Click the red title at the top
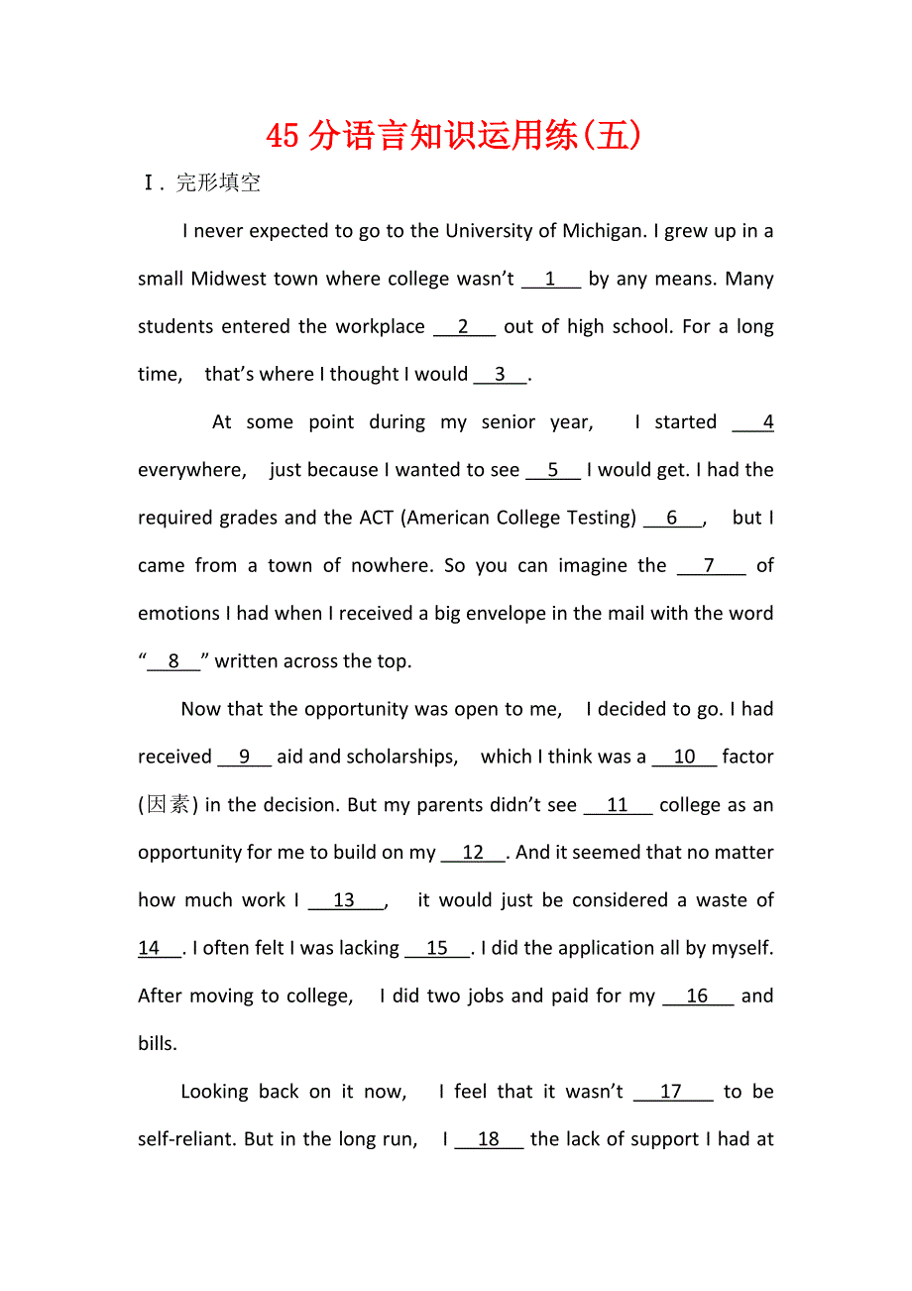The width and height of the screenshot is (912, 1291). [x=455, y=135]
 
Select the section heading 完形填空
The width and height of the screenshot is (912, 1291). [x=218, y=183]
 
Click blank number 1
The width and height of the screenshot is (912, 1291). [x=550, y=280]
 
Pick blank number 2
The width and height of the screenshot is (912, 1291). [x=463, y=327]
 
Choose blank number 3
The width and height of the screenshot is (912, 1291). [x=501, y=375]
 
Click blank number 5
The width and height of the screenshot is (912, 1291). [x=552, y=470]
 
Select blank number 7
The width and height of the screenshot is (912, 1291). [x=710, y=566]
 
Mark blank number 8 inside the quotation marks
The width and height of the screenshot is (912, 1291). [x=173, y=661]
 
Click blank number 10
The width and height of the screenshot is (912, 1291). [x=684, y=758]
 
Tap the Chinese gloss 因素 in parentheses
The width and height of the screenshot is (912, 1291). [x=168, y=805]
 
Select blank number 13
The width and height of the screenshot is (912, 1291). [x=344, y=900]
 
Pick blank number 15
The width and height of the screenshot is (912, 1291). [x=437, y=949]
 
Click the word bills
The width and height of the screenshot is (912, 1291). [x=157, y=1044]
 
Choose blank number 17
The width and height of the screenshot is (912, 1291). [x=672, y=1092]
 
